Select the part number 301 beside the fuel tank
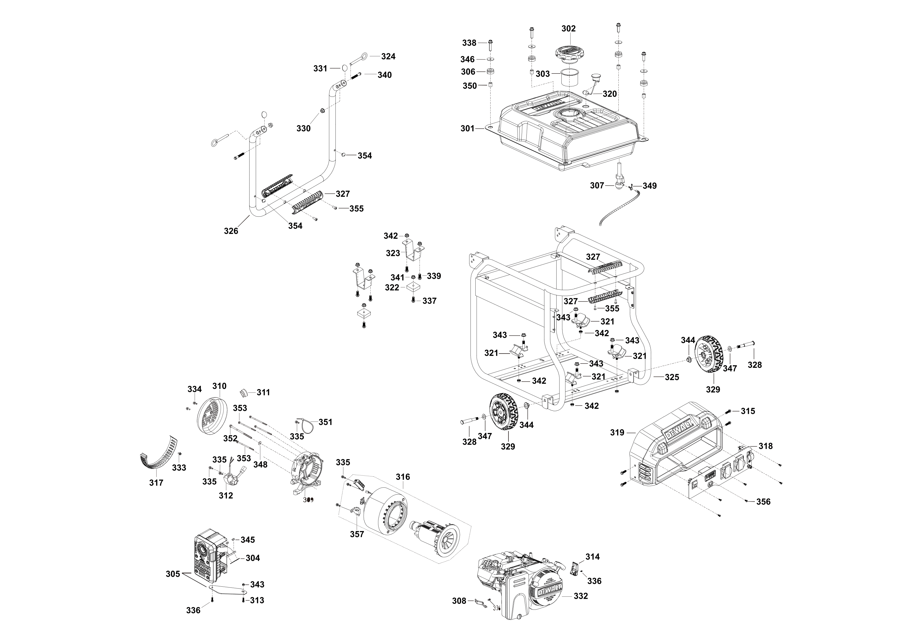(468, 128)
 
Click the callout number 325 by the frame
(672, 377)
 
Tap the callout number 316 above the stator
(403, 477)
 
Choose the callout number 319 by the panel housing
(617, 433)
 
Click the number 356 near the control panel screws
(763, 502)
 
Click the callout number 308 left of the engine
(459, 601)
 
